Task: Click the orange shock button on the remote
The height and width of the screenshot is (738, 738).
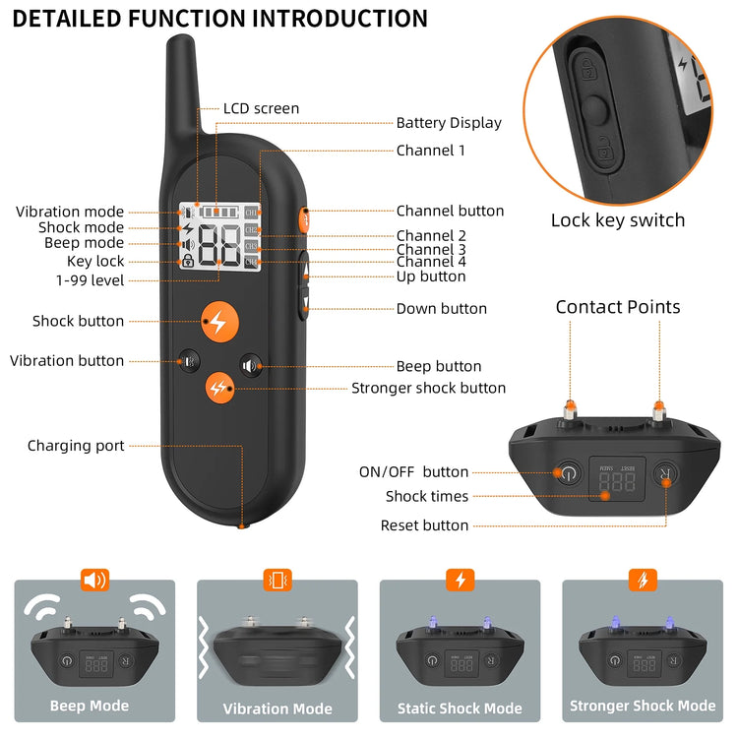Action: point(217,321)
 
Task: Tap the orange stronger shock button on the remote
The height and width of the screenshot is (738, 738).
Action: point(219,388)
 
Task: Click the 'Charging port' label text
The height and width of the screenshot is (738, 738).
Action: point(76,446)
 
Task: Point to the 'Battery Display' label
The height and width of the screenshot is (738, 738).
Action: point(449,123)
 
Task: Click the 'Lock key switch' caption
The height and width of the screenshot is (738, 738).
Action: point(617,220)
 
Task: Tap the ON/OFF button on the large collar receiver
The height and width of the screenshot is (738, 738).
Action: point(567,474)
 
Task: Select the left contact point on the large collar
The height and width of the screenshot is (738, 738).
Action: point(570,407)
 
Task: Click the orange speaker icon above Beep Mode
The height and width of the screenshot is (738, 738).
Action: point(94,580)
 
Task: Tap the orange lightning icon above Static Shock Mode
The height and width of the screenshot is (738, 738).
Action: point(460,580)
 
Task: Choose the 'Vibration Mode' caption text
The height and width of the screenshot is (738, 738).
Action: point(277,708)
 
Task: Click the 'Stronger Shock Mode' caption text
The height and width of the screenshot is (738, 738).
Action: point(643,707)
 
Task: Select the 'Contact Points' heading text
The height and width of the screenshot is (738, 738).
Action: point(617,307)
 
